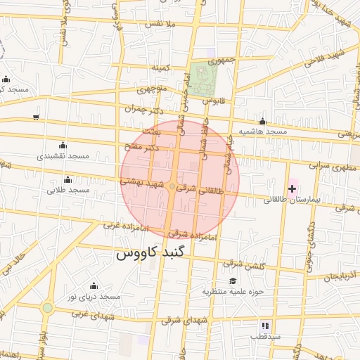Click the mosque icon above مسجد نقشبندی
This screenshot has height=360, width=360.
63,144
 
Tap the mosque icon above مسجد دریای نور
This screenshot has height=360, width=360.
94,285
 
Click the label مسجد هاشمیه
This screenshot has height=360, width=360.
263,131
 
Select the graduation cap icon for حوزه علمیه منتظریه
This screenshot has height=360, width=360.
233,281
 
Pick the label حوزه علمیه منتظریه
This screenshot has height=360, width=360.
233,291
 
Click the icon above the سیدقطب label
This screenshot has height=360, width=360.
265,326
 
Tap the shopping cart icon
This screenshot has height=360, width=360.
36,117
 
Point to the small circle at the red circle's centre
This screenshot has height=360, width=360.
172,186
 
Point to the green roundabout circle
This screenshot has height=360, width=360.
47,308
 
